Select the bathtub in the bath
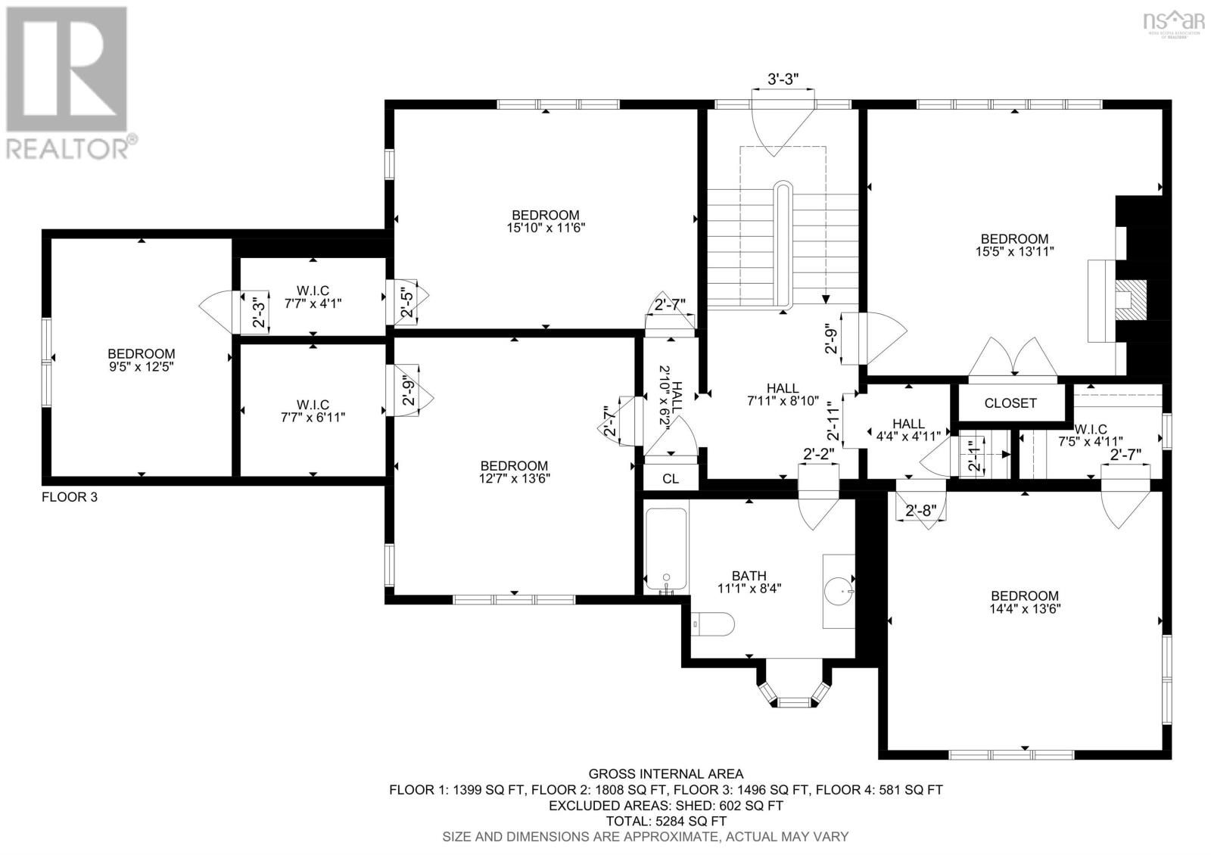[x=666, y=551]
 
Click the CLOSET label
[x=1010, y=403]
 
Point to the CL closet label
[x=671, y=479]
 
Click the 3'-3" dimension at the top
[x=783, y=79]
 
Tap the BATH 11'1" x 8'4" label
[x=749, y=582]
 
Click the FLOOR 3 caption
[x=69, y=497]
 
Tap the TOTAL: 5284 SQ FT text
[x=666, y=821]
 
